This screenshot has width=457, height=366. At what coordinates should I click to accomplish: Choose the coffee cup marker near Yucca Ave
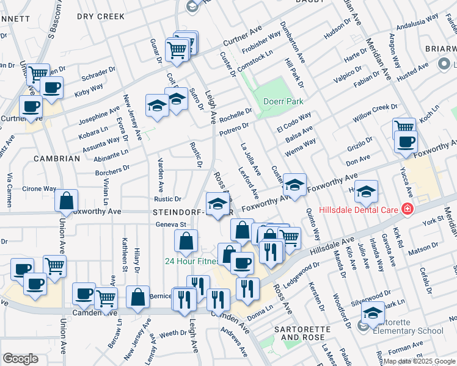(x=406, y=142)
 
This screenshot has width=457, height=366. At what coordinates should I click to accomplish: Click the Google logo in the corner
(x=20, y=358)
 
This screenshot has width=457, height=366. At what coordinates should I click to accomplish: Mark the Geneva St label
(x=170, y=224)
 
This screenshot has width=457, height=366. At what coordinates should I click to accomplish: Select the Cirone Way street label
(x=40, y=190)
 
